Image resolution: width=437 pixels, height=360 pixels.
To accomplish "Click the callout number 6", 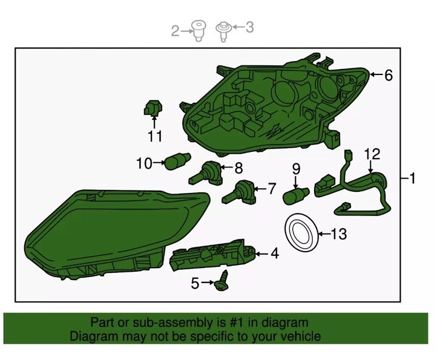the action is [389, 75].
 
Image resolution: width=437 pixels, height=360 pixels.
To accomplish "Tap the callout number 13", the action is [339, 234].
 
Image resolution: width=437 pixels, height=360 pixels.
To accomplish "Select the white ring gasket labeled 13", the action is [301, 220].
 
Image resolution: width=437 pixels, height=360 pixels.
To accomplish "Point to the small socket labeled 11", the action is [153, 108].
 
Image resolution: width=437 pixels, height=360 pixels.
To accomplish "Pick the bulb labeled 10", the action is [177, 162].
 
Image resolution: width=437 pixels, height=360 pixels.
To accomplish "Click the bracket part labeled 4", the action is [212, 254].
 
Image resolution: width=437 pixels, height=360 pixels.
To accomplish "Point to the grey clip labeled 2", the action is [199, 31].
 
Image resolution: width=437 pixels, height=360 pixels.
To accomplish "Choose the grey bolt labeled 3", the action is [223, 31].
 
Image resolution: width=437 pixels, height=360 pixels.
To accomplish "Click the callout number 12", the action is [372, 154].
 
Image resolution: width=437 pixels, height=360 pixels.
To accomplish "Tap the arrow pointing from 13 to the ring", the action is [324, 234].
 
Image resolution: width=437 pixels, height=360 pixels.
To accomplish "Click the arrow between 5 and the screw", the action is [208, 283].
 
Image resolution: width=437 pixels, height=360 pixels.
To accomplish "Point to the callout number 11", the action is [155, 136].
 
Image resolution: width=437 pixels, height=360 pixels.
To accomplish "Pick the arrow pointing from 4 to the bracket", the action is [261, 254].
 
